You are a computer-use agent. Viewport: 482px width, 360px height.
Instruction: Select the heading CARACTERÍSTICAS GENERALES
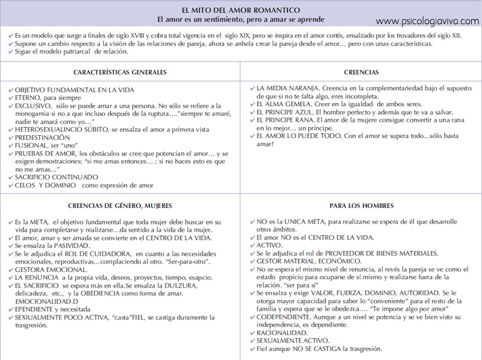pyautogui.click(x=120, y=72)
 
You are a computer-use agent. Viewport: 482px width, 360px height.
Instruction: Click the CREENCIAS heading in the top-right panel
pyautogui.click(x=361, y=72)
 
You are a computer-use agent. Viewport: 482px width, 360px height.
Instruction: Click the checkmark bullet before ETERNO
pyautogui.click(x=12, y=97)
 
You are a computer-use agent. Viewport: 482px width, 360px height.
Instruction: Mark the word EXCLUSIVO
pyautogui.click(x=36, y=105)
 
